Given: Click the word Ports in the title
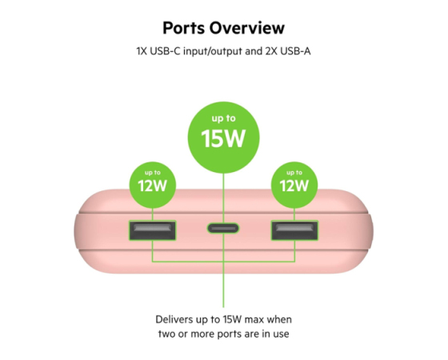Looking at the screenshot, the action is tap(184, 28).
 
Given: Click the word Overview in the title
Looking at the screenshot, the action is tap(247, 28).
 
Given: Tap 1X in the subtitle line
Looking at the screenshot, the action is tap(142, 51).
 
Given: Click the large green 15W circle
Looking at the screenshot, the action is tap(224, 138).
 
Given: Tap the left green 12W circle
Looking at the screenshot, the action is tap(153, 185).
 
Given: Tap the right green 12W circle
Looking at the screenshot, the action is tap(294, 185).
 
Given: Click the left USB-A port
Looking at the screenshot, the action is tap(153, 230).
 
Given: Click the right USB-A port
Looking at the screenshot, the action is tap(294, 230).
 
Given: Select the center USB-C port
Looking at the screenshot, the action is tap(223, 228).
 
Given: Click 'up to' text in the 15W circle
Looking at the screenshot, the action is tap(224, 118).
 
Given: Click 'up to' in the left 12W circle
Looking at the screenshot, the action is tap(153, 173).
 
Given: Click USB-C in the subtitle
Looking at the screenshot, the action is tap(165, 51).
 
